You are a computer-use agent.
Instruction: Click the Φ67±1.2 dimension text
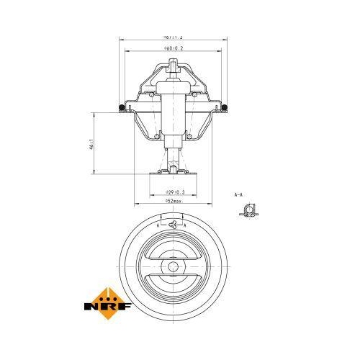click(x=173, y=36)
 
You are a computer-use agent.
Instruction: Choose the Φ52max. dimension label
click(x=173, y=202)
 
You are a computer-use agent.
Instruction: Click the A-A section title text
click(x=238, y=194)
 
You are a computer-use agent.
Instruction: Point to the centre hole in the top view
click(x=173, y=266)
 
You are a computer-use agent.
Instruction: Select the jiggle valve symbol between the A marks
click(x=173, y=225)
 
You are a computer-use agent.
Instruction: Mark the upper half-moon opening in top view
click(x=173, y=248)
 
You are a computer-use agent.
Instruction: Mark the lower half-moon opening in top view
click(x=173, y=287)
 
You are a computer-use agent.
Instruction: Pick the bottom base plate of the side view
click(x=173, y=174)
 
